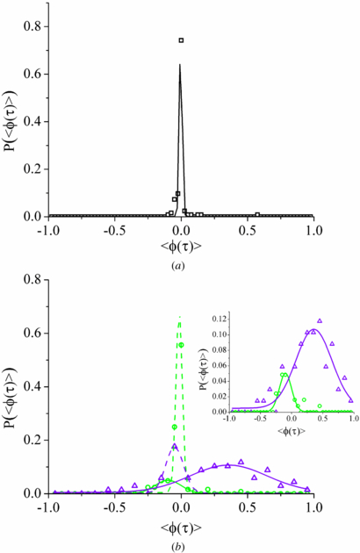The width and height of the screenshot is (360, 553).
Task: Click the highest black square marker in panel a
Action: [181, 40]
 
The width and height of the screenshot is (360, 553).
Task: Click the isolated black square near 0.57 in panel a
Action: [257, 213]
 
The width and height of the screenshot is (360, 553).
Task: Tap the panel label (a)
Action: [181, 262]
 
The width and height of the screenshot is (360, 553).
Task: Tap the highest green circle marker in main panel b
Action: [181, 344]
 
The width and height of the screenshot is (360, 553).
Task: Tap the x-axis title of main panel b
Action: [181, 522]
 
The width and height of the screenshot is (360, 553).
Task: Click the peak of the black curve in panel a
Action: [180, 64]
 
